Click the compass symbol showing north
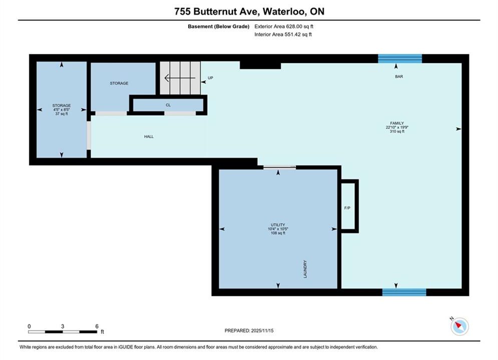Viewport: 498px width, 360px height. click(x=459, y=326)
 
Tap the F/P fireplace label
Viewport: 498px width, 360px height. click(x=347, y=208)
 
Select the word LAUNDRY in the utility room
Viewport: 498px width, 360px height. click(x=305, y=269)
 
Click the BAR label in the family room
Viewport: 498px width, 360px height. click(x=399, y=76)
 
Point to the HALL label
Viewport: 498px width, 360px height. click(x=149, y=136)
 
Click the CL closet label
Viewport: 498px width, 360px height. click(x=168, y=105)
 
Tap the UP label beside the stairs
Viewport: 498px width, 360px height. click(x=210, y=77)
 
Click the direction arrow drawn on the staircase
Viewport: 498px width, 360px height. click(x=180, y=77)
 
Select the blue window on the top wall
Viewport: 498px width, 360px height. click(x=400, y=58)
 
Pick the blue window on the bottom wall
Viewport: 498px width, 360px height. click(x=404, y=292)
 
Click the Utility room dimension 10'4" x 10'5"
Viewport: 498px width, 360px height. click(x=278, y=229)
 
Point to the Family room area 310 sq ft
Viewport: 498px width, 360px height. click(x=397, y=131)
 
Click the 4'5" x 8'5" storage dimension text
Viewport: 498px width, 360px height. click(x=62, y=109)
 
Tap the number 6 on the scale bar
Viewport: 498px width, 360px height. click(x=97, y=326)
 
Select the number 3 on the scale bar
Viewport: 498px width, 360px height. click(x=63, y=326)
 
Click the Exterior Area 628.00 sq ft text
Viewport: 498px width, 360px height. click(x=284, y=26)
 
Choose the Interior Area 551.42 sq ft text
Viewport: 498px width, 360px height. click(x=283, y=34)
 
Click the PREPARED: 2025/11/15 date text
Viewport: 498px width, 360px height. click(x=249, y=330)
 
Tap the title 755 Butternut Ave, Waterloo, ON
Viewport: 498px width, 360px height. click(x=249, y=11)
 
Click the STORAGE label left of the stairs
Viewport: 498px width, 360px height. click(x=119, y=83)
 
